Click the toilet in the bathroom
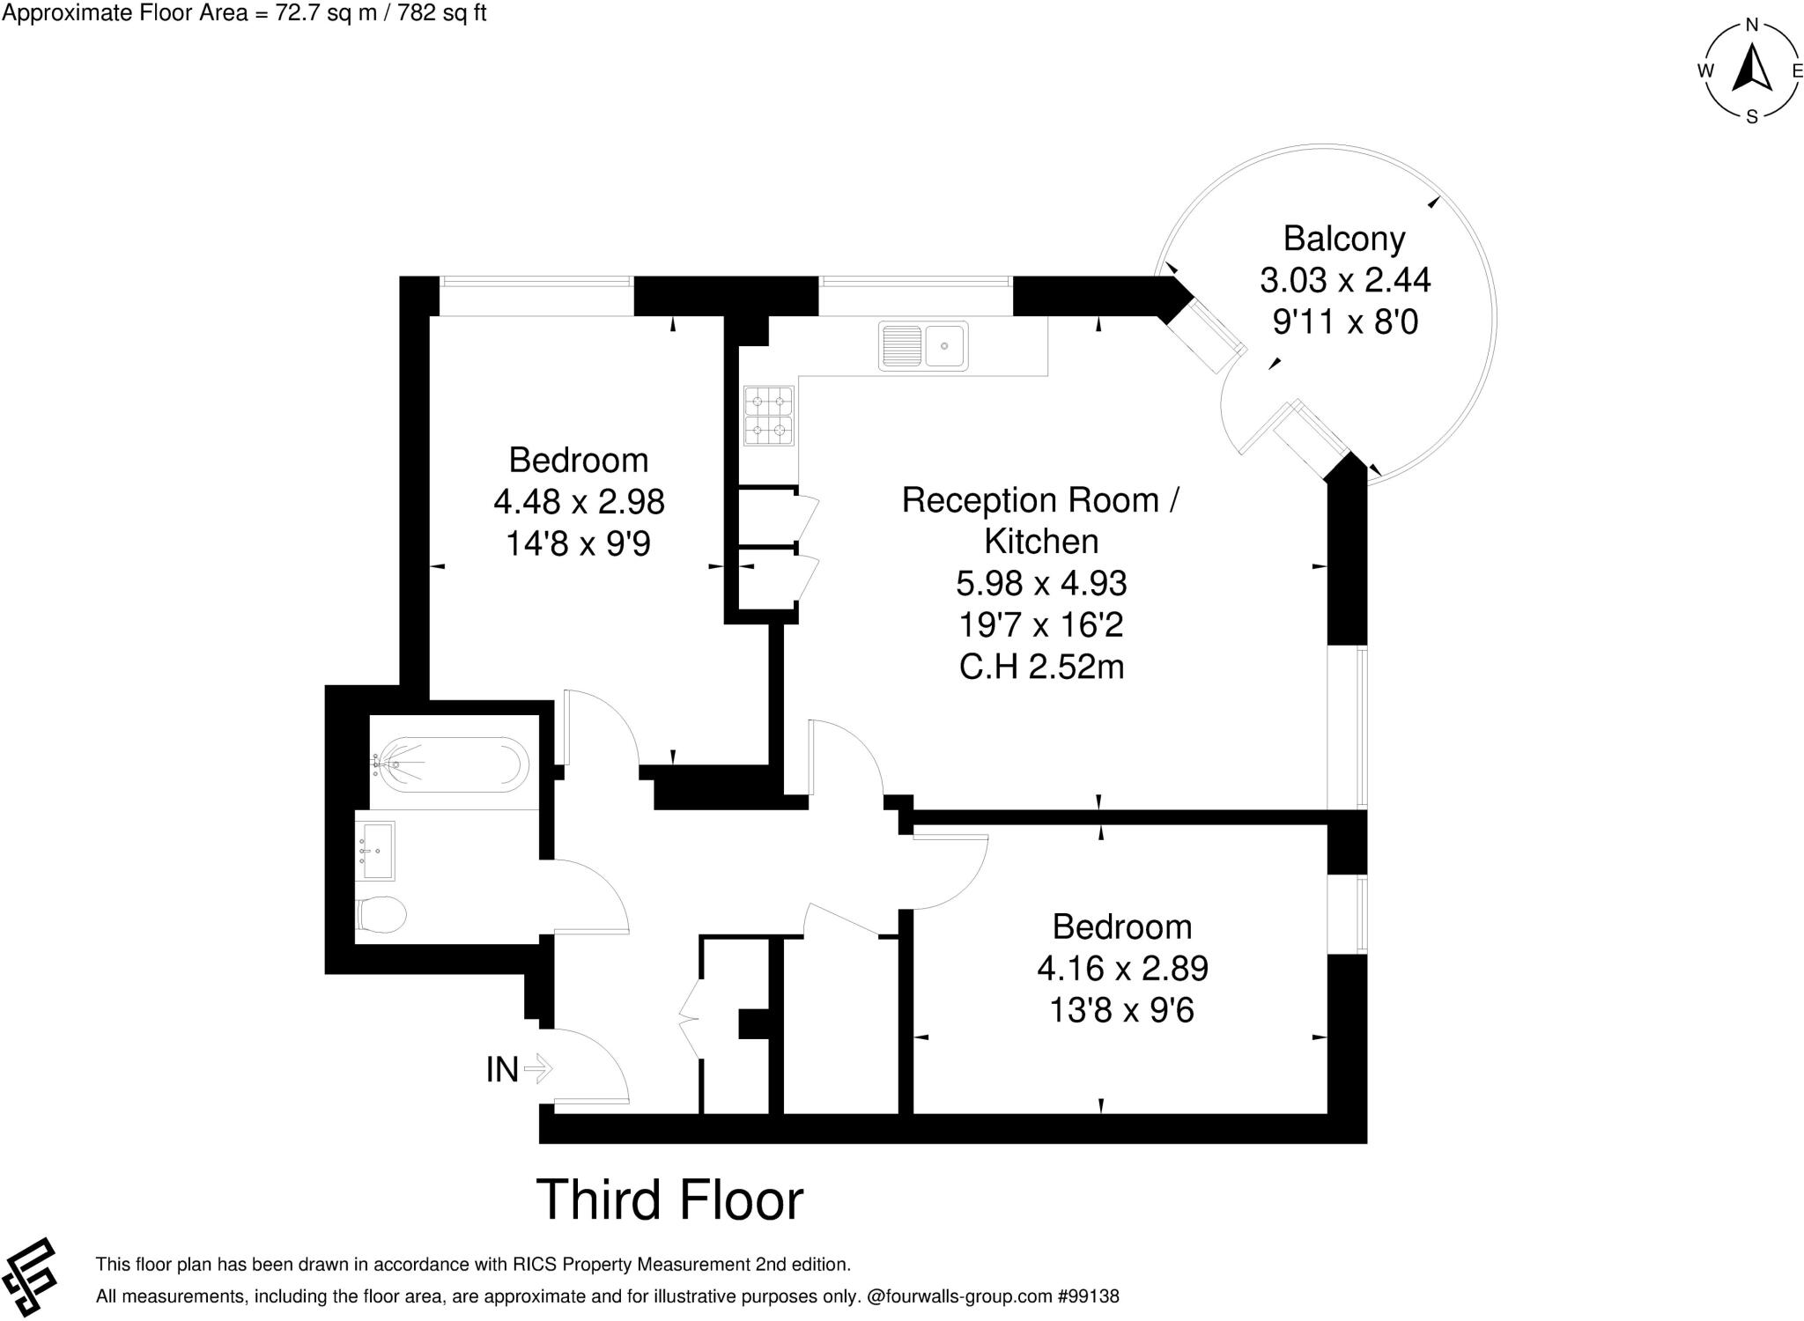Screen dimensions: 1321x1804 coord(381,914)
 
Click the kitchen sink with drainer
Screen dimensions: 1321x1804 coord(922,345)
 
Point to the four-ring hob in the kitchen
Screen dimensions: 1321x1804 coord(768,417)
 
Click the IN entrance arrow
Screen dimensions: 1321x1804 coord(537,1069)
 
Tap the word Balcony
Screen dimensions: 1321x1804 coord(1343,239)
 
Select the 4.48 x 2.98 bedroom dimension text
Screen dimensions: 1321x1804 coord(579,502)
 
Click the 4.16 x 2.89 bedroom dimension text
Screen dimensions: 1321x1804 coord(1122,969)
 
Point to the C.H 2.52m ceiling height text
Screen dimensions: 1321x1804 coord(1041,668)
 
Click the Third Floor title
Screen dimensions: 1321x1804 coord(669,1199)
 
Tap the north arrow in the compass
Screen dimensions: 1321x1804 coord(1752,69)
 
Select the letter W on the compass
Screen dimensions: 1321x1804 coord(1705,71)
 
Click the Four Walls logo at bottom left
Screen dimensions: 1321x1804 coord(29,1278)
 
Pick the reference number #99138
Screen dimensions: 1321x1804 coord(1088,1296)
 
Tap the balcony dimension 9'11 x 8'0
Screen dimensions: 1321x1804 coord(1345,322)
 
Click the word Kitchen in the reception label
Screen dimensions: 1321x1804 coord(1041,542)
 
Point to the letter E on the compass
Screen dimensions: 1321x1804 coord(1797,71)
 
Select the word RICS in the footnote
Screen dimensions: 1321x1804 coord(536,1265)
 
